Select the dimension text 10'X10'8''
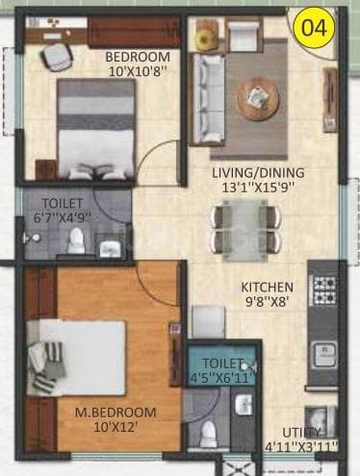coord(136,70)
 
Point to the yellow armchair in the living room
coord(206,38)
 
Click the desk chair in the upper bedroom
coord(57,57)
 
